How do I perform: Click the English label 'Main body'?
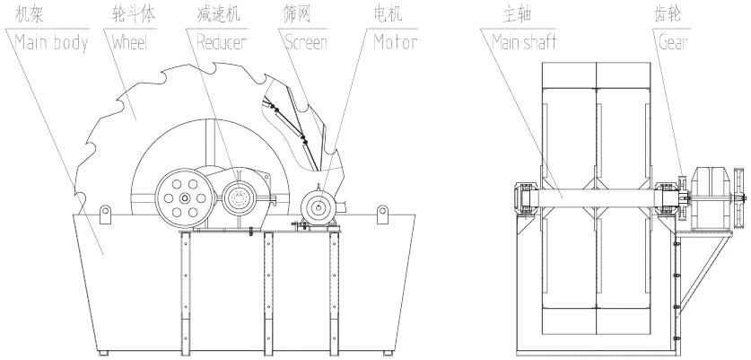point(52,43)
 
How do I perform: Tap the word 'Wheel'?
point(130,43)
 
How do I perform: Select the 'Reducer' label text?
point(222,43)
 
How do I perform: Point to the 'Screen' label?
point(306,43)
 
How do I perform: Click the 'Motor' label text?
point(395,43)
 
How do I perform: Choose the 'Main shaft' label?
point(524,43)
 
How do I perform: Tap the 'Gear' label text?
point(674,43)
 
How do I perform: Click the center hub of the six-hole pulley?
point(185,198)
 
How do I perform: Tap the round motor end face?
point(318,207)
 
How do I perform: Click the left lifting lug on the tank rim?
point(105,214)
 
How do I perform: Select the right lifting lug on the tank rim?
point(382,214)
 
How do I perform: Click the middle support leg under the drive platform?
point(268,293)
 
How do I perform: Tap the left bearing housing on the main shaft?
point(526,198)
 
